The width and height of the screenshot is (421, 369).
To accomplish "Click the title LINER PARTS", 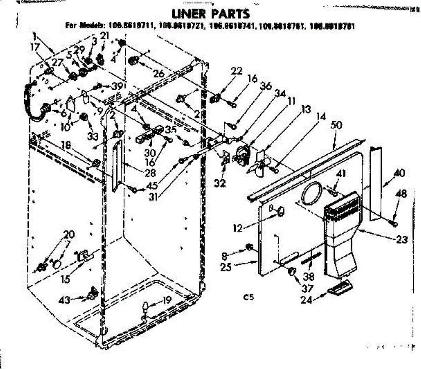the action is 210,14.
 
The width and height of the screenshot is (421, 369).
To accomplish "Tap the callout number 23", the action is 402,240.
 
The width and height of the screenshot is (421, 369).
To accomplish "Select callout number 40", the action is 399,173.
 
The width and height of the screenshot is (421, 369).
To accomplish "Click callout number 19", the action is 167,300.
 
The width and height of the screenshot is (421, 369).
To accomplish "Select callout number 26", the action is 159,74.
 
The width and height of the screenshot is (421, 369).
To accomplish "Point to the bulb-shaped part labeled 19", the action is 144,308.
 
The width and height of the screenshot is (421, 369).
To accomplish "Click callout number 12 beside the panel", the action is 238,228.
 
